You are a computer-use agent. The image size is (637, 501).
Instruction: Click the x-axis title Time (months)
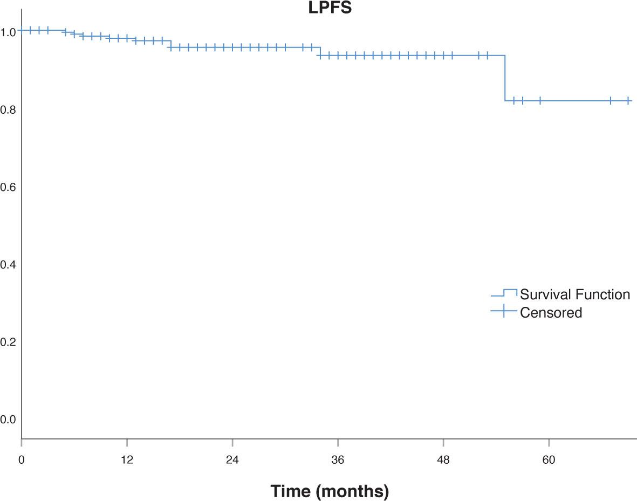[329, 491]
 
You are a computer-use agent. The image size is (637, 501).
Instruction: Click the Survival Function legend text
[575, 294]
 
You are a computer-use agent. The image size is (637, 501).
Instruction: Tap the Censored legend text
[551, 312]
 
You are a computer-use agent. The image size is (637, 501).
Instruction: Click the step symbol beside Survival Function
[504, 293]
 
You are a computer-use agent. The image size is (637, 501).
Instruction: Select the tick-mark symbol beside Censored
[504, 311]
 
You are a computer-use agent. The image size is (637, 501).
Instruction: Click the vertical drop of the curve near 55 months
[505, 78]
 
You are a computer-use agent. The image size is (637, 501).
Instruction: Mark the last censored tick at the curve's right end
[628, 101]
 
